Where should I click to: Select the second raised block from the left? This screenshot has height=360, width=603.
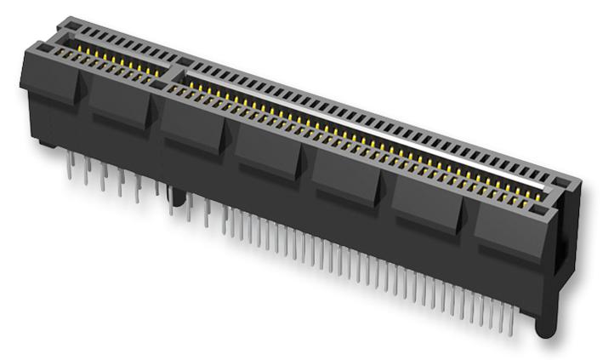(x=120, y=102)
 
